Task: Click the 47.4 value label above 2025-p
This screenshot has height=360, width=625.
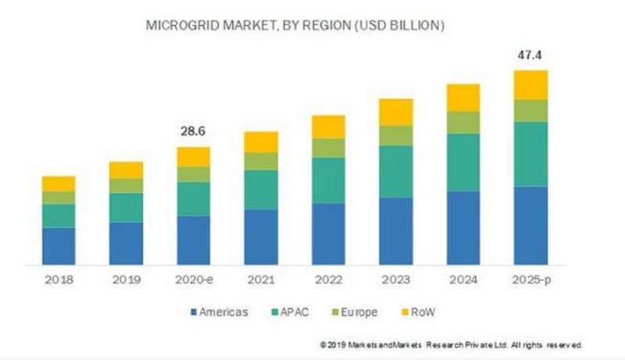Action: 530,56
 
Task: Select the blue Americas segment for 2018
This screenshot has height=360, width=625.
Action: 59,245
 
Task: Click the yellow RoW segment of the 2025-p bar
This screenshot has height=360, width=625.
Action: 530,84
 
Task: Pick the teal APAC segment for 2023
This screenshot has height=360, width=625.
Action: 395,171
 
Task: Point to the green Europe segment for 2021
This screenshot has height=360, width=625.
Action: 261,161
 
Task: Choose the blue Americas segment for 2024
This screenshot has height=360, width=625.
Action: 462,227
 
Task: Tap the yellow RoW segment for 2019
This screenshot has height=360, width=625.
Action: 126,169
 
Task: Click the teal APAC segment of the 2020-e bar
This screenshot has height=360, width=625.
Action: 194,198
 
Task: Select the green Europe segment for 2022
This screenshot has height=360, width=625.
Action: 328,148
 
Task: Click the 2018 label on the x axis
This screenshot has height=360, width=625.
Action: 59,278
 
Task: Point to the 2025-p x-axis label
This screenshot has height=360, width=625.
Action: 530,278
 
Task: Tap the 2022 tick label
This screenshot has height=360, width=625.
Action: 328,278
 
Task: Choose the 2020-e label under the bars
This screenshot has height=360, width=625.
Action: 194,278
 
